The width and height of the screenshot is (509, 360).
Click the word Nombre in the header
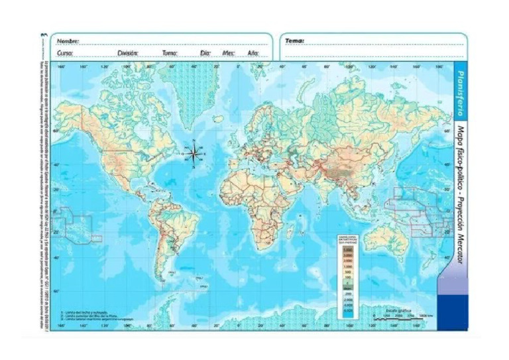pyautogui.click(x=68, y=41)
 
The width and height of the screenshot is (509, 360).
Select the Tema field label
pyautogui.click(x=294, y=40)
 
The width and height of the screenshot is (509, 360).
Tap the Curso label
pyautogui.click(x=65, y=52)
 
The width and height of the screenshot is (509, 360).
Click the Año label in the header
pyautogui.click(x=253, y=52)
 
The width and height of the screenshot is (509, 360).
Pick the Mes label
pyautogui.click(x=229, y=52)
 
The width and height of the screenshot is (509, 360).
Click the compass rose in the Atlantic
pyautogui.click(x=194, y=154)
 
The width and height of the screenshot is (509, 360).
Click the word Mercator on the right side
pyautogui.click(x=461, y=255)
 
